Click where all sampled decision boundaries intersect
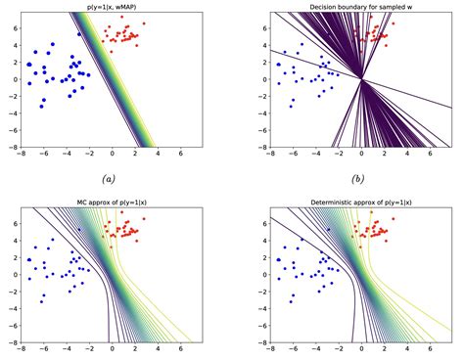360,79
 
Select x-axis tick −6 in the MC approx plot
43,348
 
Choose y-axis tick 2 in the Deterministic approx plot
262,258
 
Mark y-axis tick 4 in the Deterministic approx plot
262,243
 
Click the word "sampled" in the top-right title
387,6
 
